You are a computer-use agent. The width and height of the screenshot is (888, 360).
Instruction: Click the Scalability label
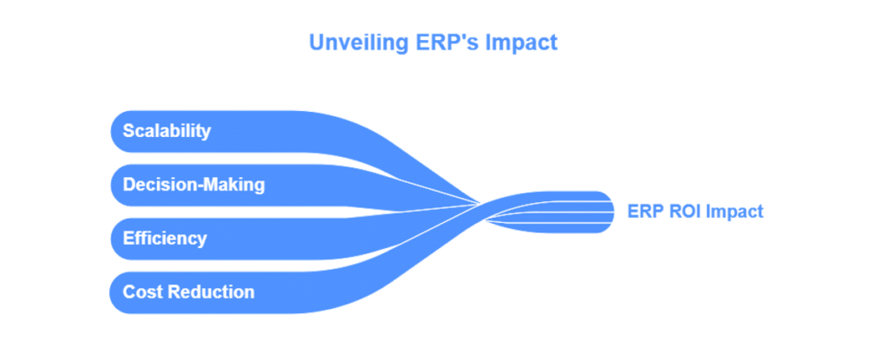pos(166,132)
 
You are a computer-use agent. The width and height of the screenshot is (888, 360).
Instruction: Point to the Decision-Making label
pos(193,185)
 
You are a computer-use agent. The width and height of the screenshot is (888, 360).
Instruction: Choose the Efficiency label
pos(164,238)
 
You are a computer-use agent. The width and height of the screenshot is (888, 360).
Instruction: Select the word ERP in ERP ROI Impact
pos(643,212)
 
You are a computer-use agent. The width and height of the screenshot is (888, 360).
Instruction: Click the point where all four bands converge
pos(482,207)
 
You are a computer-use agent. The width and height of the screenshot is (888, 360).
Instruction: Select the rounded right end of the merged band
pos(611,212)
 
